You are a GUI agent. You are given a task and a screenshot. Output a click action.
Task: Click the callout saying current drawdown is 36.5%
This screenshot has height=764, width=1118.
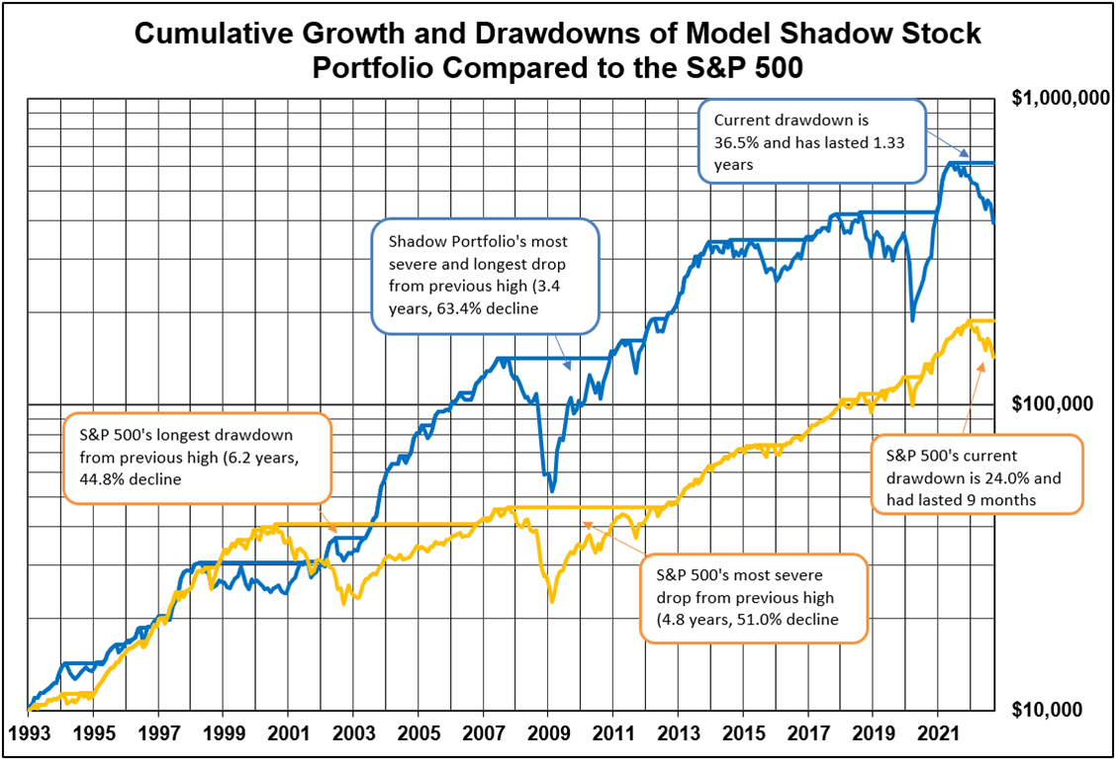click(x=811, y=141)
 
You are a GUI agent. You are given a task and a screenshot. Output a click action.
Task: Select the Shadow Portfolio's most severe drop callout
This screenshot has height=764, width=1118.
click(x=485, y=276)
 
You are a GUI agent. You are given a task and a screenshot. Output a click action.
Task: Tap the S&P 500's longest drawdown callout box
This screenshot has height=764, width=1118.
click(x=198, y=458)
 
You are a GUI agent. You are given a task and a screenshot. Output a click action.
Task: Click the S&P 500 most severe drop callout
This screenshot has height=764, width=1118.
click(x=753, y=598)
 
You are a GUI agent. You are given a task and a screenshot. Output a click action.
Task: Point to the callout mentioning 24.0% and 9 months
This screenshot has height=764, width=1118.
click(x=977, y=473)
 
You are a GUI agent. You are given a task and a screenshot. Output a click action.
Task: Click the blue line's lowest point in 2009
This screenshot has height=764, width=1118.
click(x=552, y=489)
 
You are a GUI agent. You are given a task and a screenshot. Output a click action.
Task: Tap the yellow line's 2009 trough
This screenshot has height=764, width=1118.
click(x=552, y=600)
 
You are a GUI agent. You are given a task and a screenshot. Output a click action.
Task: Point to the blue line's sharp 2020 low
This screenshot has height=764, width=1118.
click(x=912, y=319)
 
